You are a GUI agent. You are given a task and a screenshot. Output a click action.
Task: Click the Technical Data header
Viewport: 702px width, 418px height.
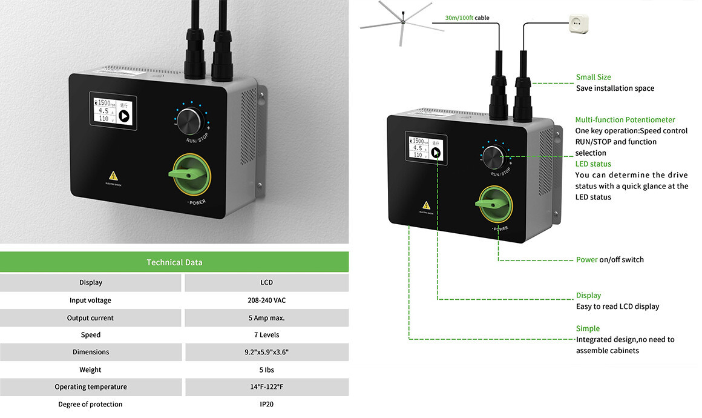click(174, 262)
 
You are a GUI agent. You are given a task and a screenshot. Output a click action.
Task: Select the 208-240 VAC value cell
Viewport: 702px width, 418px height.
click(266, 300)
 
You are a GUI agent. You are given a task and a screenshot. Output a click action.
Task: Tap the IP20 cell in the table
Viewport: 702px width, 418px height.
click(266, 404)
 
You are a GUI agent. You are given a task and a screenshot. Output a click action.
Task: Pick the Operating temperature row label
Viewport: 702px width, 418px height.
click(91, 387)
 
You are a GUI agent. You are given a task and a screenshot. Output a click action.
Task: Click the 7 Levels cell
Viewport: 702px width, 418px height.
click(266, 335)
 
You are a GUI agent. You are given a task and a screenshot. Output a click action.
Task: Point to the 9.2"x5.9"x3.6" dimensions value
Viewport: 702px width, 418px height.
click(266, 352)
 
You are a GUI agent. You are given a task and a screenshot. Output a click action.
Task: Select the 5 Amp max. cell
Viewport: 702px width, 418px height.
click(266, 318)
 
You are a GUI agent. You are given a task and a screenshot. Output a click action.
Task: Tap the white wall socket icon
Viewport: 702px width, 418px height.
click(578, 24)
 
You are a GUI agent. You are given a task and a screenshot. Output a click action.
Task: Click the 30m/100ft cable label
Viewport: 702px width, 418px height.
click(467, 18)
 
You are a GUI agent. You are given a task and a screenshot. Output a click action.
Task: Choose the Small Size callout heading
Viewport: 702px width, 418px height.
click(593, 78)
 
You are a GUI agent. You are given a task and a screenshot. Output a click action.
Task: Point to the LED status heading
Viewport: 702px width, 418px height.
click(593, 164)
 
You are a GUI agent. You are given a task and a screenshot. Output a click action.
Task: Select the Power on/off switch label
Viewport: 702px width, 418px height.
click(609, 260)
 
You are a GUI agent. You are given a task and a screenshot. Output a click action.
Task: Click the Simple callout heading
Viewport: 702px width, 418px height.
click(588, 329)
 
